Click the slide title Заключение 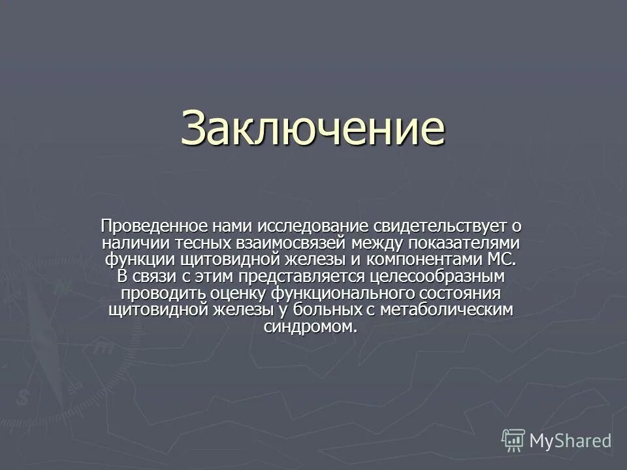(x=313, y=129)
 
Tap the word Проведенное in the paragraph (x=154, y=227)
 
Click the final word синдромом (x=312, y=326)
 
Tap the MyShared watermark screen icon (x=513, y=439)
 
